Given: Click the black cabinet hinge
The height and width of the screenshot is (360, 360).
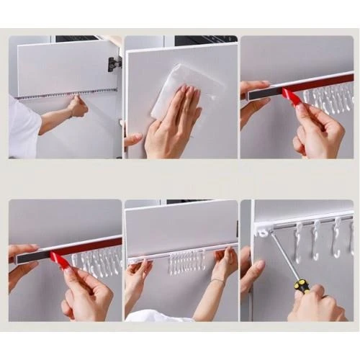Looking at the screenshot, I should point(114,64).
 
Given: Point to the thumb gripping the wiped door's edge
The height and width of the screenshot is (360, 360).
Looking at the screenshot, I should point(132,138).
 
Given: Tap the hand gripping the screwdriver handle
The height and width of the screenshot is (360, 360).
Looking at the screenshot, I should point(317,302).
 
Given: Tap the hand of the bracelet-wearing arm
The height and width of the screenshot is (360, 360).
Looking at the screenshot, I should point(224,264).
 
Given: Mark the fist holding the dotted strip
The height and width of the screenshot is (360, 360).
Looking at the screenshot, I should point(76,107).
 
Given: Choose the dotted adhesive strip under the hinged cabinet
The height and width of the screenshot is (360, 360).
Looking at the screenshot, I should point(65,94).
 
